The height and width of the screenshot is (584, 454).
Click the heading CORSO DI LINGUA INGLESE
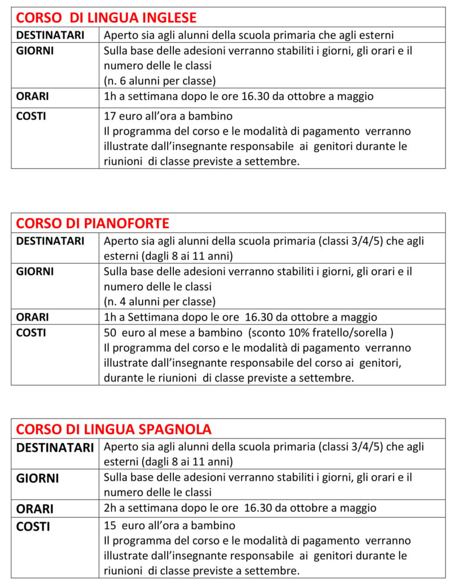pos(106,17)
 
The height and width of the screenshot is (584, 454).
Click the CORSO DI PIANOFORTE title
pos(92,222)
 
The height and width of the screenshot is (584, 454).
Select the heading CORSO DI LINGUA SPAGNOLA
pos(113,428)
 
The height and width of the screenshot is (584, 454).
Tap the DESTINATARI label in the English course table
pos(50,35)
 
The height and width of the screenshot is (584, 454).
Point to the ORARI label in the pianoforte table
pos(33,317)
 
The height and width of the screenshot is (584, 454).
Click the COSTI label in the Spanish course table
pos(33,526)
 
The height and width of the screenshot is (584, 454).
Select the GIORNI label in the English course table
pos(35,50)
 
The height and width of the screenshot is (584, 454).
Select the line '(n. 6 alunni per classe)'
pos(160,80)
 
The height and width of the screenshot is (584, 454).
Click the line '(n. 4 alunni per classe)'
pos(160,301)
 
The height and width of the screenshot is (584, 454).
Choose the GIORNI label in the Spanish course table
pos(38,478)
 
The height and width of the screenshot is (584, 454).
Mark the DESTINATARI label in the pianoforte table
pos(50,241)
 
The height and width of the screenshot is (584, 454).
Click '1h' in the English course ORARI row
pos(110,96)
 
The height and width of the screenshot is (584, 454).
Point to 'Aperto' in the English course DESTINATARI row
pos(120,35)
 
